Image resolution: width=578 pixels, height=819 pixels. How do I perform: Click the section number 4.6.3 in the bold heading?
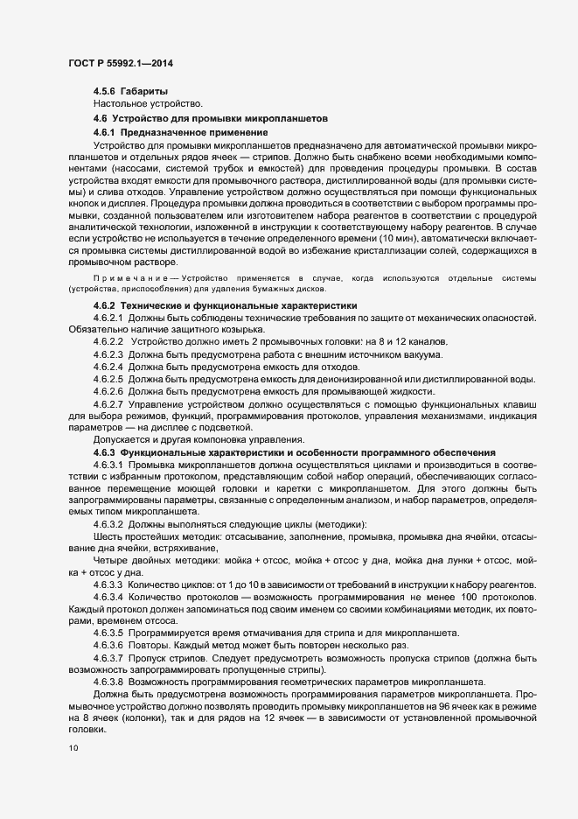coord(104,451)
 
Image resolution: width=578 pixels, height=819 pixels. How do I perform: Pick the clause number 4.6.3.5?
coord(108,632)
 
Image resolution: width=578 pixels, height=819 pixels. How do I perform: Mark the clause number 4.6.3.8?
coord(108,681)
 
